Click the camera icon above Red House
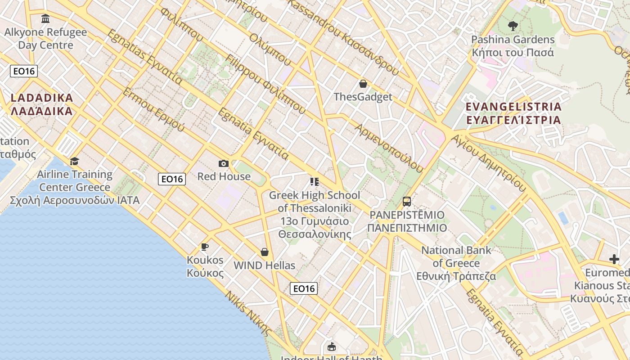coord(224,163)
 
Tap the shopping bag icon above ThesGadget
coord(363,84)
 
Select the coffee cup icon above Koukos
coord(205,247)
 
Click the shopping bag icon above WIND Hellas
coord(265,252)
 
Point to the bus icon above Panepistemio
coord(407,201)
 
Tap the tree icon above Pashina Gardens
coord(513,26)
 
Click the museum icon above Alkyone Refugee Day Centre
coord(45,19)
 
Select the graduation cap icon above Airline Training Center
coord(75,161)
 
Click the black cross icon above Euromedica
coord(614,259)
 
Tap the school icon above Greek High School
coord(315,182)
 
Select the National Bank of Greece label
coord(456,263)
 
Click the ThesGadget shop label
coord(363,97)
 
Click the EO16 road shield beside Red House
coord(172,179)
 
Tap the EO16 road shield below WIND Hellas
coord(304,288)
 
